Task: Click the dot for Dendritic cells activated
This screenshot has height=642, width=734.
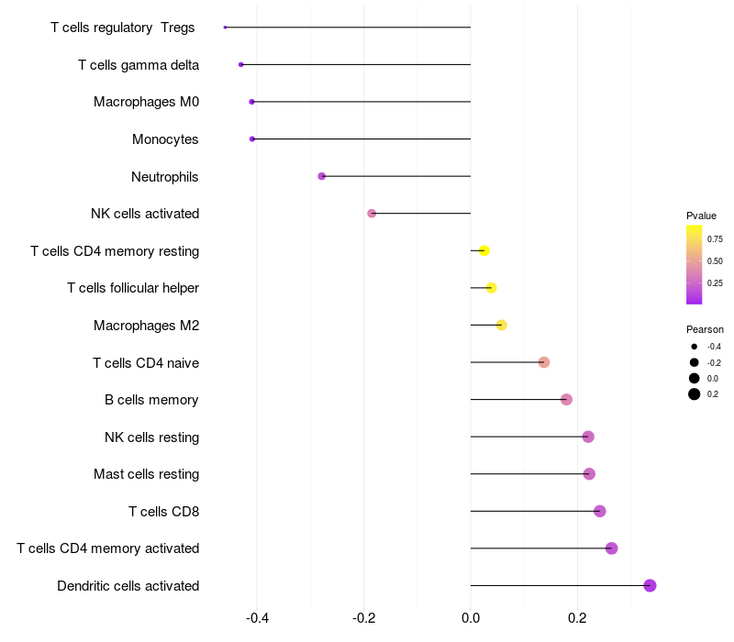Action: pos(650,585)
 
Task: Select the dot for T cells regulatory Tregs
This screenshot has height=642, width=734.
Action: pos(225,28)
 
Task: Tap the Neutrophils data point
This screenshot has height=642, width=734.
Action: pos(321,176)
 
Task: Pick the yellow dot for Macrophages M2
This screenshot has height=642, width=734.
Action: pos(501,325)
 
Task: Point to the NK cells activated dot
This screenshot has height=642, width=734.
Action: pos(372,214)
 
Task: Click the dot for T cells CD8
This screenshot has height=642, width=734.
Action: pos(599,511)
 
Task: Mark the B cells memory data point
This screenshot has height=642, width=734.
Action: pos(566,399)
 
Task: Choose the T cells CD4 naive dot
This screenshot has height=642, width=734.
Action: pos(543,362)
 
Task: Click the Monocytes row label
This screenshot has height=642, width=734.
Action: pos(165,139)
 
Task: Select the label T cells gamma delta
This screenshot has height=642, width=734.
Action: pos(139,65)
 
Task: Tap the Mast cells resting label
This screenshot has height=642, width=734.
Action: pos(146,474)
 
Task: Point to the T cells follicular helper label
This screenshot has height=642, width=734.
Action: pos(133,288)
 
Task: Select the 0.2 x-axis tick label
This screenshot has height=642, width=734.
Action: pos(577,617)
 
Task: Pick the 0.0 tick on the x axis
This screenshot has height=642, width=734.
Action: pos(471,617)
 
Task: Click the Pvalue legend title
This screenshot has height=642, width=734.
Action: pos(701,216)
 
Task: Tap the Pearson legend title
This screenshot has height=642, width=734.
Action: pos(705,329)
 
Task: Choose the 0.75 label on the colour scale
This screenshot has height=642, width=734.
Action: pos(715,239)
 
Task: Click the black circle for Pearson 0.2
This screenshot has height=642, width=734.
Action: pos(695,394)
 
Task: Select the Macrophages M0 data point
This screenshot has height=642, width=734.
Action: pos(251,102)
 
